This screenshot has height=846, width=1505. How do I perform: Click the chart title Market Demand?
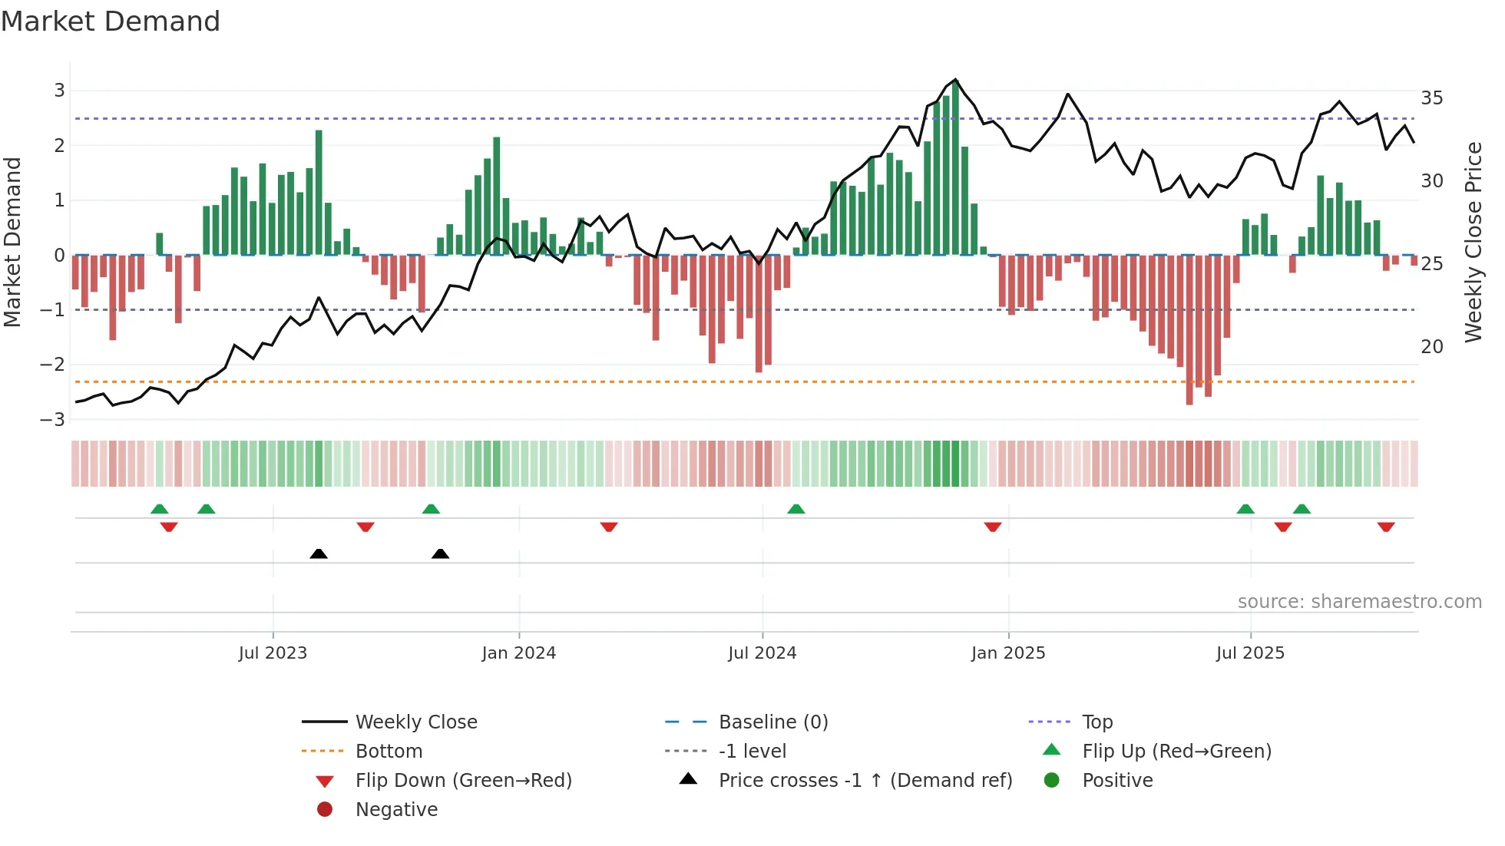111,21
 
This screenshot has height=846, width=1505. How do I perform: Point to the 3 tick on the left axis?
59,91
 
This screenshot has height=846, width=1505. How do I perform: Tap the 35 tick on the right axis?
1432,98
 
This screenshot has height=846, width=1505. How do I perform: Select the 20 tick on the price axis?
1432,347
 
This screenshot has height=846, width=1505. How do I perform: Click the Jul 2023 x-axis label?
273,653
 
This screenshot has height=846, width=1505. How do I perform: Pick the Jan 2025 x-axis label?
1008,653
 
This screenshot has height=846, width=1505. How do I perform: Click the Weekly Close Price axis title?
1473,242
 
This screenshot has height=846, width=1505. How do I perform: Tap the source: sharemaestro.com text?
1359,602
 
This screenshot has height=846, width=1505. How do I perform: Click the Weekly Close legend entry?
416,722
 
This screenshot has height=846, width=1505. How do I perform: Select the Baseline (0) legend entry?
773,722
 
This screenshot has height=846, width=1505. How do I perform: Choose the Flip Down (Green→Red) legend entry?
463,781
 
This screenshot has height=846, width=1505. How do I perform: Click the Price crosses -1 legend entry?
865,781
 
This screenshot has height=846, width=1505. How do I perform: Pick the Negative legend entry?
396,810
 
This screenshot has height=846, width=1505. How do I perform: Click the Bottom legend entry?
389,752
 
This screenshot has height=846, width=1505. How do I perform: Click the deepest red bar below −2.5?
1189,330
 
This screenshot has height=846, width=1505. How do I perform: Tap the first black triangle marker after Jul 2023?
319,554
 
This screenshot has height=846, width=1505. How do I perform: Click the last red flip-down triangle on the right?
1386,527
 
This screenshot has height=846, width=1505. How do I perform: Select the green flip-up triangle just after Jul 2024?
796,509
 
